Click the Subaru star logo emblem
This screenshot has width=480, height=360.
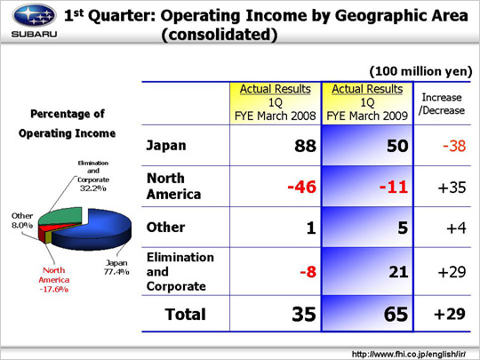click(x=34, y=15)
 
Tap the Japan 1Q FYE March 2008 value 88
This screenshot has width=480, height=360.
click(x=305, y=146)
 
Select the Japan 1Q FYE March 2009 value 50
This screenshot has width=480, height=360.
click(x=397, y=146)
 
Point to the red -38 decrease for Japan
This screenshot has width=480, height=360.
click(x=454, y=146)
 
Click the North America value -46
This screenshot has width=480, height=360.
click(x=302, y=187)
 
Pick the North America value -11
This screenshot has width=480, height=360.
click(x=394, y=187)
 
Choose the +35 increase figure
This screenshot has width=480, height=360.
click(x=452, y=188)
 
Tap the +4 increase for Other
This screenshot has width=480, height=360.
click(x=456, y=228)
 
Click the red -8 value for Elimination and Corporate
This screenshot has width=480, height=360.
click(x=308, y=272)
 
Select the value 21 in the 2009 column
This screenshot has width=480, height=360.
click(x=398, y=272)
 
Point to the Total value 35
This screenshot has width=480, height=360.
click(x=304, y=314)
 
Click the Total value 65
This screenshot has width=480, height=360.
click(x=396, y=314)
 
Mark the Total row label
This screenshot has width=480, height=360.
click(x=185, y=315)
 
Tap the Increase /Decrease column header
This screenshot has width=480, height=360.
click(x=442, y=104)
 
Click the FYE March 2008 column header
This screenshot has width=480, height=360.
click(x=276, y=102)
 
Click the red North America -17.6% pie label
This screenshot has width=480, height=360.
click(x=54, y=280)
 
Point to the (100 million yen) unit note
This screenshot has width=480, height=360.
click(x=421, y=71)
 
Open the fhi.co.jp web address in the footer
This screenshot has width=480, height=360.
click(x=409, y=354)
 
